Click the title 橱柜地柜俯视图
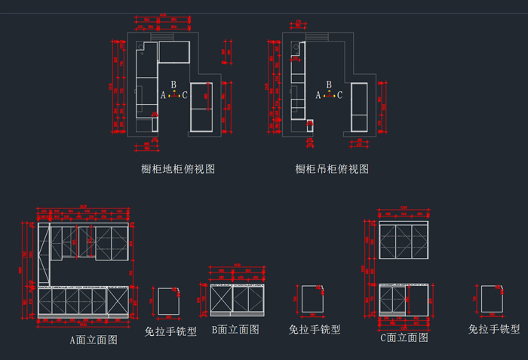(178, 169)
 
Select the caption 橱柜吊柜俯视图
(332, 169)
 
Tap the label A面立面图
(94, 340)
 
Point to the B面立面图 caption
(235, 329)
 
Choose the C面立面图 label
(403, 338)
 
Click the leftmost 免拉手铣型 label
(170, 331)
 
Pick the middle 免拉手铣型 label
(315, 329)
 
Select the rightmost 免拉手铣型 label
(494, 329)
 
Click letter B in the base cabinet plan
(173, 85)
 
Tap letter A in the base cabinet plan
(163, 95)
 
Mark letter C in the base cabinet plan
(185, 95)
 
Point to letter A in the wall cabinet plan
(318, 95)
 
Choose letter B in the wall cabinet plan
(329, 85)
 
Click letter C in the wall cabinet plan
(340, 95)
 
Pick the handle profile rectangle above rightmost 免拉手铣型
(492, 300)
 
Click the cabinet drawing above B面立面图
(238, 300)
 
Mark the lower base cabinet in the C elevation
(404, 300)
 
